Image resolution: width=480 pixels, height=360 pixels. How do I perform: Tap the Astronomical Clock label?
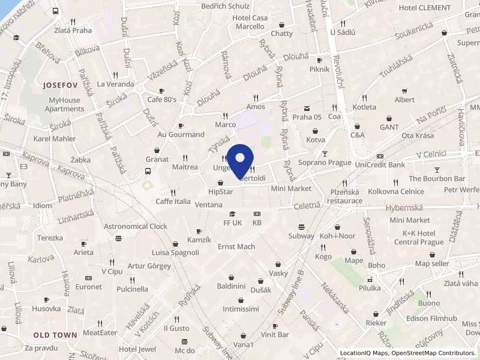(x=136, y=226)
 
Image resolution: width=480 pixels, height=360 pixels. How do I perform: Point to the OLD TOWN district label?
(x=55, y=335)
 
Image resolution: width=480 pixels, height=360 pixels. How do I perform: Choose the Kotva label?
(x=315, y=140)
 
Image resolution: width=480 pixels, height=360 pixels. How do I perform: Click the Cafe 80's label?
(x=161, y=100)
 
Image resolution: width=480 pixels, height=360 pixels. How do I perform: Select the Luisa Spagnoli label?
(x=175, y=252)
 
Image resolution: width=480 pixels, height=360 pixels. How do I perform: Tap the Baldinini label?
(x=233, y=285)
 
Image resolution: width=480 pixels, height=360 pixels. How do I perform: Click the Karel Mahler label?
(x=55, y=139)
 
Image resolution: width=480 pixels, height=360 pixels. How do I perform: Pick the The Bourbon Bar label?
(x=437, y=179)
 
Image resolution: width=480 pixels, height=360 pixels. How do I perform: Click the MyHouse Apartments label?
(x=64, y=105)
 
